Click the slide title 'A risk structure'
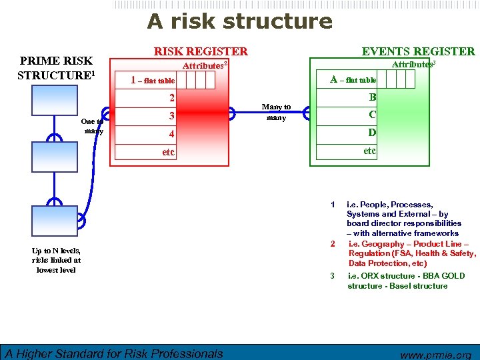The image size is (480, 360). coord(239,21)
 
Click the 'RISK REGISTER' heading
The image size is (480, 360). coord(201,51)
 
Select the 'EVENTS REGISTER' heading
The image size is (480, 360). coord(418,51)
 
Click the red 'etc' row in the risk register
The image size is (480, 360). coord(169,152)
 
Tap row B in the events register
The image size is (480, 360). coord(373,97)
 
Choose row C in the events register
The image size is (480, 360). coord(373,115)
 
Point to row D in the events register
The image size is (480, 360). coord(373,133)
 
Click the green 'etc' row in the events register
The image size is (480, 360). coord(369,151)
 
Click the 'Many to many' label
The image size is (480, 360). coord(276,112)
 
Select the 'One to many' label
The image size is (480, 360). coord(93,127)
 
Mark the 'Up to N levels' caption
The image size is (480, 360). coord(56,260)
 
